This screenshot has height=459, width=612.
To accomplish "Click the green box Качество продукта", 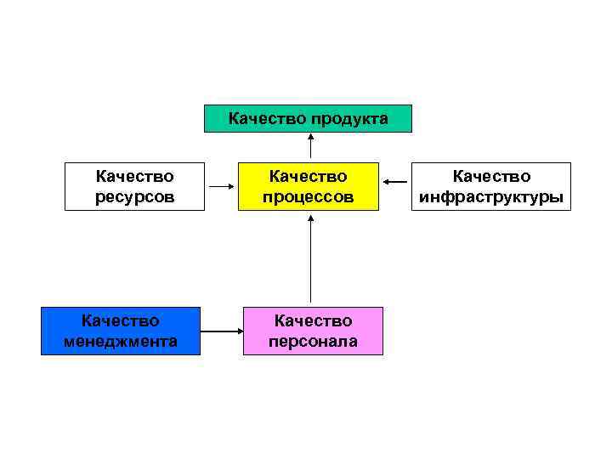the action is pyautogui.click(x=308, y=119).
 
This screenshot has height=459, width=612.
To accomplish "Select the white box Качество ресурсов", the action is pyautogui.click(x=134, y=186).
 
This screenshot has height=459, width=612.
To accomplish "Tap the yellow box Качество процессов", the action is pyautogui.click(x=309, y=186).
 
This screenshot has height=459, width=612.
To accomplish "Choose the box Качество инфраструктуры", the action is pyautogui.click(x=491, y=186).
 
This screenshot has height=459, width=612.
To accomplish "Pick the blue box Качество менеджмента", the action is pyautogui.click(x=121, y=331).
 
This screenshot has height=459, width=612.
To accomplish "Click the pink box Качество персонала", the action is pyautogui.click(x=313, y=331).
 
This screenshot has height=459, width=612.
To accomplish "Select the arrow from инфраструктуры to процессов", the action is pyautogui.click(x=394, y=181).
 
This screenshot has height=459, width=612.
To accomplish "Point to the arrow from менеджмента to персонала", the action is pyautogui.click(x=222, y=331).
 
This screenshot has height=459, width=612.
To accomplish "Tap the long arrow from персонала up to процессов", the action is pyautogui.click(x=310, y=259).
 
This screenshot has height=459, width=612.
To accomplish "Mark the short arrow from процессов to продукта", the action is pyautogui.click(x=310, y=145).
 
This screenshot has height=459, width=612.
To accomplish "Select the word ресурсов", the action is pyautogui.click(x=134, y=197).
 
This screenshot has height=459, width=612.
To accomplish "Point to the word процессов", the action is pyautogui.click(x=309, y=197).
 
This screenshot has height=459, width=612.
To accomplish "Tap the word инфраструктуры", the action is pyautogui.click(x=491, y=197).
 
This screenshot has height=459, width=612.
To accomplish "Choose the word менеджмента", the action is pyautogui.click(x=121, y=342).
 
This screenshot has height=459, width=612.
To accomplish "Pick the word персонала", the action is pyautogui.click(x=313, y=342).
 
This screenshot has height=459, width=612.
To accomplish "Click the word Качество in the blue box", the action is pyautogui.click(x=121, y=320).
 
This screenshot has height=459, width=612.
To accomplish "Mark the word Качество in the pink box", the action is pyautogui.click(x=313, y=320).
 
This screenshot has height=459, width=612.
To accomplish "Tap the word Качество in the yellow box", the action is pyautogui.click(x=309, y=176).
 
